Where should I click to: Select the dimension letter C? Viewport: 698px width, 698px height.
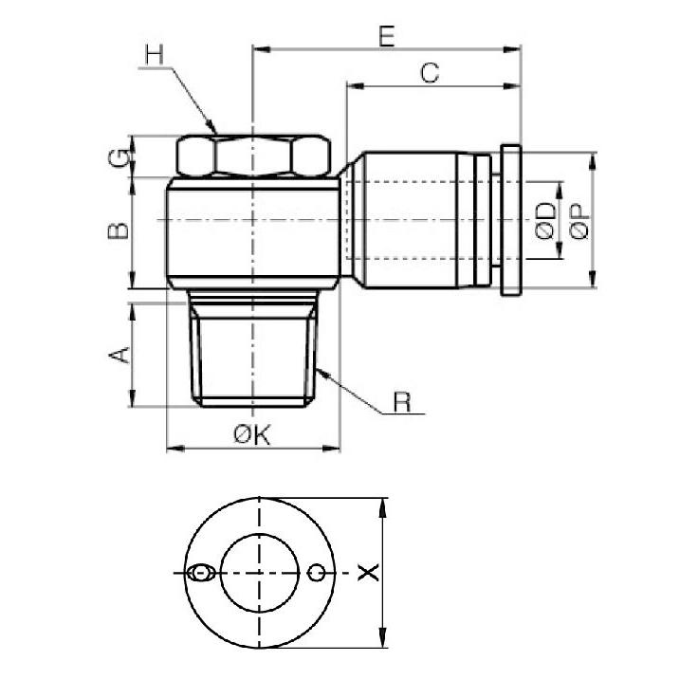click(430, 73)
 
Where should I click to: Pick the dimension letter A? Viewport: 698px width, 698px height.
click(119, 356)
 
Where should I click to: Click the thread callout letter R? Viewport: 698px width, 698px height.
click(402, 403)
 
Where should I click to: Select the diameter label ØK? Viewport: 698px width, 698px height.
click(252, 435)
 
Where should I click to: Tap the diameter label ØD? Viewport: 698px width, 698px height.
click(544, 220)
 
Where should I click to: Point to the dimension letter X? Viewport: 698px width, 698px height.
click(370, 572)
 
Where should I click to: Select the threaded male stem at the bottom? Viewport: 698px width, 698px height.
click(253, 351)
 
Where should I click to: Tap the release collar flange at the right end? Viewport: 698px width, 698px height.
click(510, 221)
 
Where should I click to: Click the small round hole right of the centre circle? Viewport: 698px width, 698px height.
click(318, 572)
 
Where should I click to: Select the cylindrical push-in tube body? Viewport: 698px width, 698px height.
click(417, 221)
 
